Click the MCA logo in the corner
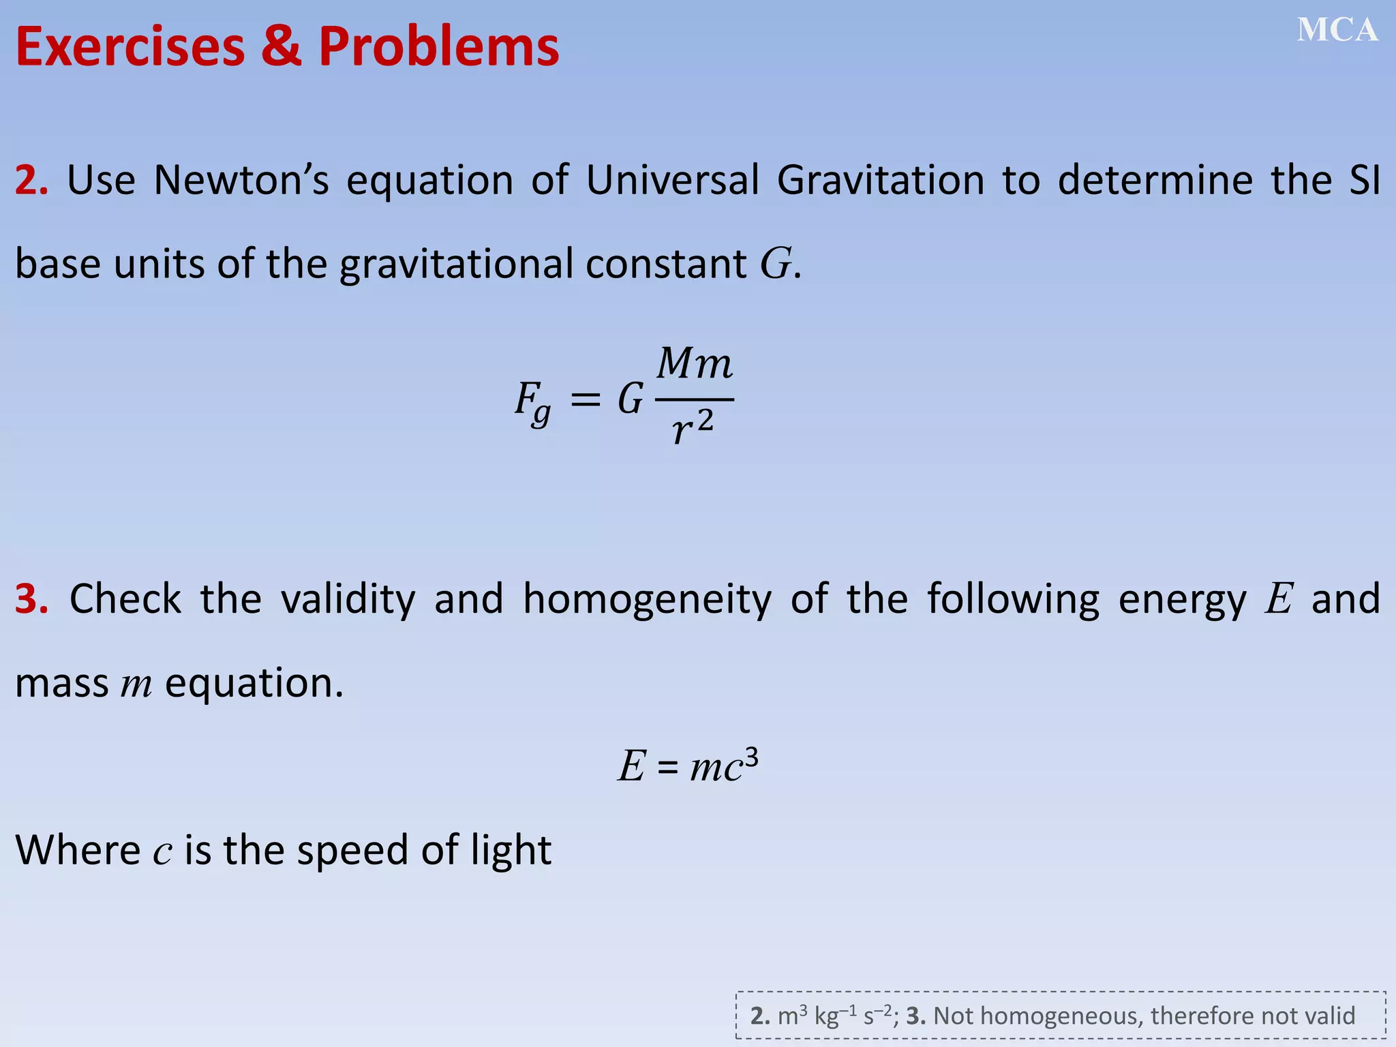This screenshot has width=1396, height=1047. coord(1337,31)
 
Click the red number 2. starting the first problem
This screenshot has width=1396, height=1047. coord(31,181)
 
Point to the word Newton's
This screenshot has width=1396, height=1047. coord(241,181)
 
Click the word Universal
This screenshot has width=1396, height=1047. coord(672,181)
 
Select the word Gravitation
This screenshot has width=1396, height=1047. coord(880,181)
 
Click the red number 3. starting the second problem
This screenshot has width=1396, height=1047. coord(31,599)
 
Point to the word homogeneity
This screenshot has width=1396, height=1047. coord(647,599)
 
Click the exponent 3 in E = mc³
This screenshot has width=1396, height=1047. coord(751,757)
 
